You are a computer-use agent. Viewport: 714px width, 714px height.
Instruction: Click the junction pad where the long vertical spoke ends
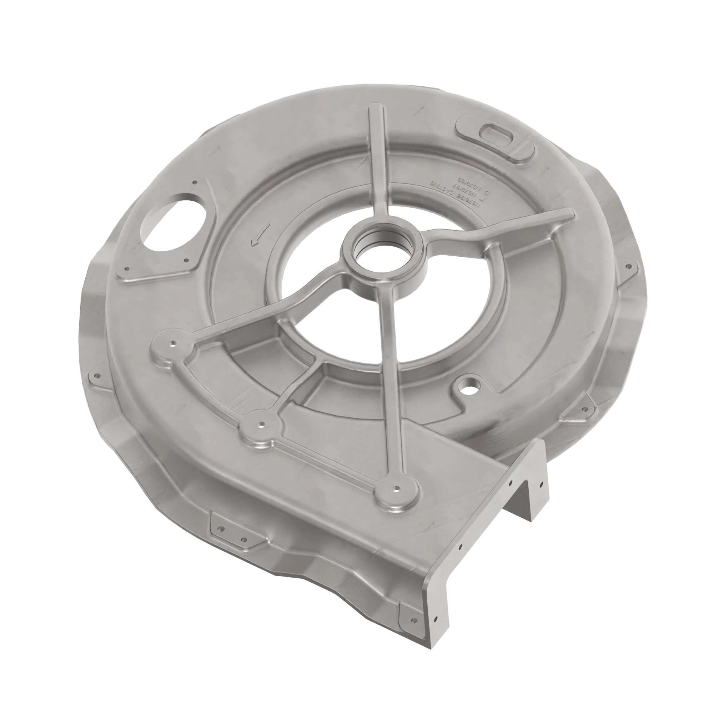pyautogui.click(x=396, y=489)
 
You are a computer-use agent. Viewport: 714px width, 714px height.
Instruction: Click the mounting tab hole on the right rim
pyautogui.click(x=628, y=266)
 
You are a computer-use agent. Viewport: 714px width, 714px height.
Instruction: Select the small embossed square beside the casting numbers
pyautogui.click(x=487, y=192)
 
